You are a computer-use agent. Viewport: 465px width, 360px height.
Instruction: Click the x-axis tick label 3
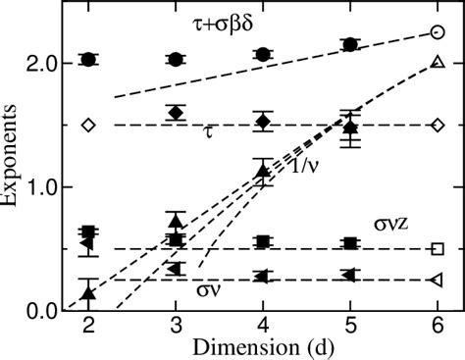176,326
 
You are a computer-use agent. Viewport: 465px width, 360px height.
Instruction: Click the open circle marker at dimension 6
438,32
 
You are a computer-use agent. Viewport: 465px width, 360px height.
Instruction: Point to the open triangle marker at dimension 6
438,63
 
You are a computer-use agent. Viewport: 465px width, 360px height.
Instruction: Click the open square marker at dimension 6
438,248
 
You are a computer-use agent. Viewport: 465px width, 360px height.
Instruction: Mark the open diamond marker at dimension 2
88,125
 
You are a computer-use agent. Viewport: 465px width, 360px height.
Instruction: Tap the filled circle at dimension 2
88,60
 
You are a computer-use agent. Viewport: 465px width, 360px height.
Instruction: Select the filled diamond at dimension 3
176,113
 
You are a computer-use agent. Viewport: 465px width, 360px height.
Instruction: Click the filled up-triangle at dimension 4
263,172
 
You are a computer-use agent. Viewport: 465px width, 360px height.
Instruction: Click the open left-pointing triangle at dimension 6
438,281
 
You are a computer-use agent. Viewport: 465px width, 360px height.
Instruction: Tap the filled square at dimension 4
263,241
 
